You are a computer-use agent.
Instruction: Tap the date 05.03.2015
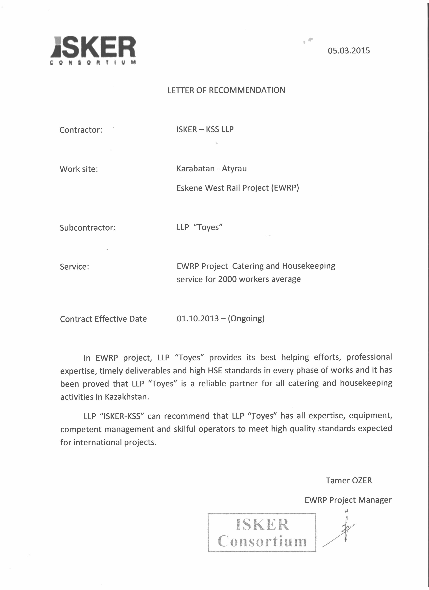pyautogui.click(x=349, y=50)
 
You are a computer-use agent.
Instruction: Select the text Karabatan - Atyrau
pyautogui.click(x=211, y=169)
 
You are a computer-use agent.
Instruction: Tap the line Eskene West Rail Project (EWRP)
pyautogui.click(x=238, y=188)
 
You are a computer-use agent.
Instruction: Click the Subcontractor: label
pyautogui.click(x=87, y=228)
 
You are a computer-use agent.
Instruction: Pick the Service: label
pyautogui.click(x=74, y=267)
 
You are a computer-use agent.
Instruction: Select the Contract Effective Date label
pyautogui.click(x=103, y=319)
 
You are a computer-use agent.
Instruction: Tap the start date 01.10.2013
pyautogui.click(x=198, y=318)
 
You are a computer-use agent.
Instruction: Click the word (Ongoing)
pyautogui.click(x=246, y=318)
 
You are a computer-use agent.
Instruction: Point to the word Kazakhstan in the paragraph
pyautogui.click(x=127, y=397)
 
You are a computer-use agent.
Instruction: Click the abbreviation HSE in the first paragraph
pyautogui.click(x=215, y=370)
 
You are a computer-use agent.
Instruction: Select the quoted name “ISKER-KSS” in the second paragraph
pyautogui.click(x=122, y=416)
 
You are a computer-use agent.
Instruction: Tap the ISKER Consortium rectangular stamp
pyautogui.click(x=262, y=532)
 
